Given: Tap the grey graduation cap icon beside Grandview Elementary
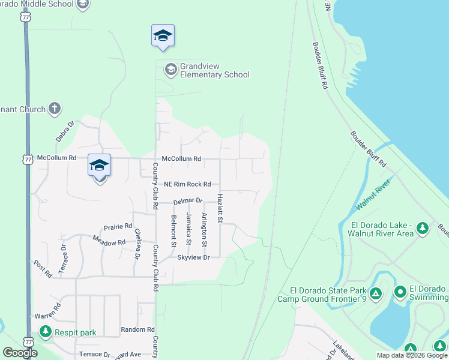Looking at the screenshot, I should tap(170, 70).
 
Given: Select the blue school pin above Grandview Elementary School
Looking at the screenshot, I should tap(163, 35).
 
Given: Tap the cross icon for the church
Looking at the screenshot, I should tap(55, 109).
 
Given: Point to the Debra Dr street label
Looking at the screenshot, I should tap(65, 131).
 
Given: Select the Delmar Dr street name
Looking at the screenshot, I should tap(188, 202).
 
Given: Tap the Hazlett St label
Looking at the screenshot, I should tap(220, 208).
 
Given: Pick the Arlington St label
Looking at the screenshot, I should tap(205, 230).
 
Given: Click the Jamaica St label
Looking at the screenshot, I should tap(188, 229).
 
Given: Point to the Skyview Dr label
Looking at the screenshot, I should tap(193, 257).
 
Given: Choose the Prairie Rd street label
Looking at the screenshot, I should tap(118, 227).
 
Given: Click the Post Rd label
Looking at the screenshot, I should tap(43, 269).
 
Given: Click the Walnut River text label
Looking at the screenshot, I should tap(373, 196).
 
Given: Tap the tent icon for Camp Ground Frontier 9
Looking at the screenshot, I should tap(375, 293).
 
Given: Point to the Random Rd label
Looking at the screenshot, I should tap(137, 329).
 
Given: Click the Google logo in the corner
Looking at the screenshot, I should tap(20, 353).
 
